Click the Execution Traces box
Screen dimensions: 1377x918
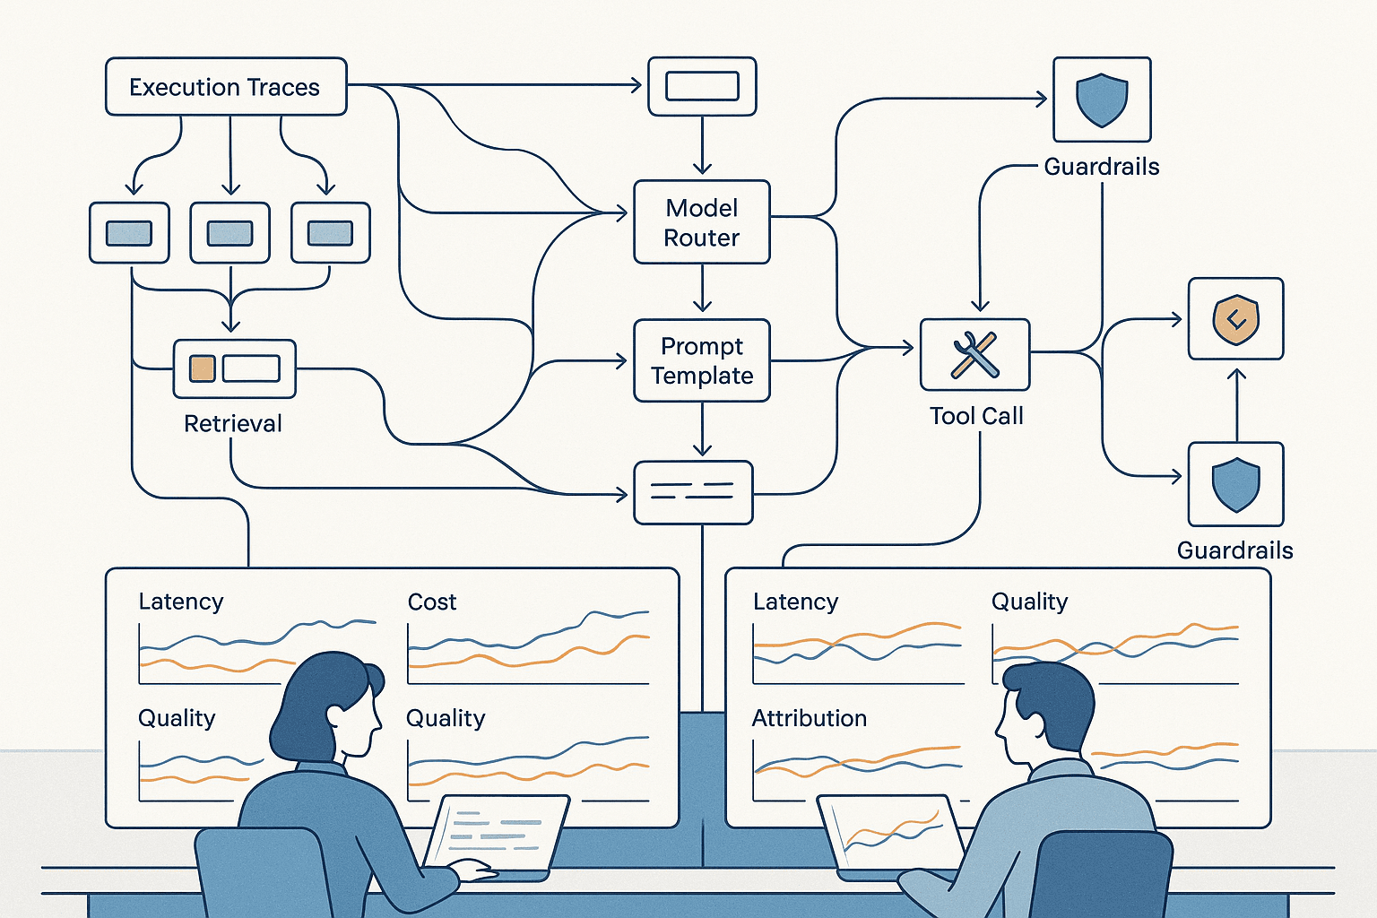click(226, 87)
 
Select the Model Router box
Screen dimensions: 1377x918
click(702, 222)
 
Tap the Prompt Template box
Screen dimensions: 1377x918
click(702, 360)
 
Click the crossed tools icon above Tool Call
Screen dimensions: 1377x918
click(975, 355)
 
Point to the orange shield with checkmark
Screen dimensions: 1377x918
click(1235, 319)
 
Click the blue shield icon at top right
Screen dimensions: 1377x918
click(1102, 100)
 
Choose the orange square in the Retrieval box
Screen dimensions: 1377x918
click(203, 369)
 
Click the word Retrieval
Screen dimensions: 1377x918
click(233, 424)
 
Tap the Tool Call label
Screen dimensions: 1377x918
click(976, 416)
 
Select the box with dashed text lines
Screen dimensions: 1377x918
click(693, 492)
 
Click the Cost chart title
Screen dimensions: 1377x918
click(432, 602)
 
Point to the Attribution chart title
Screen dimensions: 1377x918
click(809, 718)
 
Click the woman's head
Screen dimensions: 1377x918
click(329, 707)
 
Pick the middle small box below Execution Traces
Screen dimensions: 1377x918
click(229, 233)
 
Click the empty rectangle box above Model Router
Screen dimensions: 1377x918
click(702, 86)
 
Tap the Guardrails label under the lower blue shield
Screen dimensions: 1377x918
click(1235, 550)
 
